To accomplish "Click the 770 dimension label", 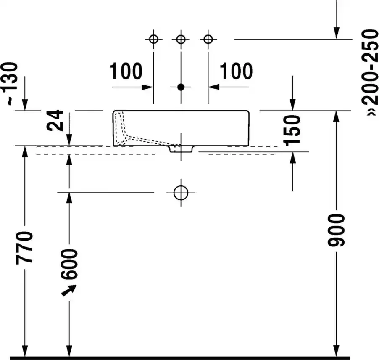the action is [x=24, y=247].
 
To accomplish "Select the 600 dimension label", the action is [x=69, y=265].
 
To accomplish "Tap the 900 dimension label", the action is [x=336, y=230].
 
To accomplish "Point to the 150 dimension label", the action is [x=292, y=131].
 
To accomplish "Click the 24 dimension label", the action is [x=55, y=120].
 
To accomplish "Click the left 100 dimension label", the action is [x=126, y=71].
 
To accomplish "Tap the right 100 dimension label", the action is [x=236, y=71].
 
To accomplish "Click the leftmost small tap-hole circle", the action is [x=154, y=39].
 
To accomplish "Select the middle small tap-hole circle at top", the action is [x=181, y=39].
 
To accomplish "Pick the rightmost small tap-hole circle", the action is [x=208, y=39].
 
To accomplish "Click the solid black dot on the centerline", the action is [x=181, y=87].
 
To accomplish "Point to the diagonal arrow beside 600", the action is [x=69, y=290].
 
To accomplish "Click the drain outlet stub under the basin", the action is [x=181, y=149].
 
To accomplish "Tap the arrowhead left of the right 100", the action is [x=214, y=87].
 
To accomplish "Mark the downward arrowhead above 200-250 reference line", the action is [x=336, y=33].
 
